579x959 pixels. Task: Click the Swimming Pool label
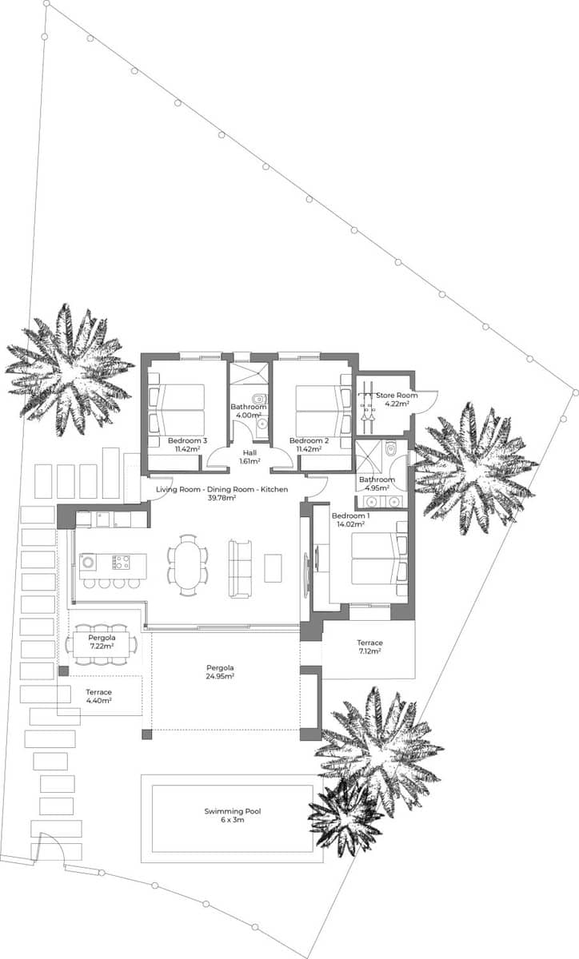point(232,811)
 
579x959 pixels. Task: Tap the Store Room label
point(397,396)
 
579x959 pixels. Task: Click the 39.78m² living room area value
point(222,498)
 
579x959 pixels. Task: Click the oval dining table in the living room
point(188,564)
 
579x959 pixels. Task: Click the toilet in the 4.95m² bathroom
point(390,449)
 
